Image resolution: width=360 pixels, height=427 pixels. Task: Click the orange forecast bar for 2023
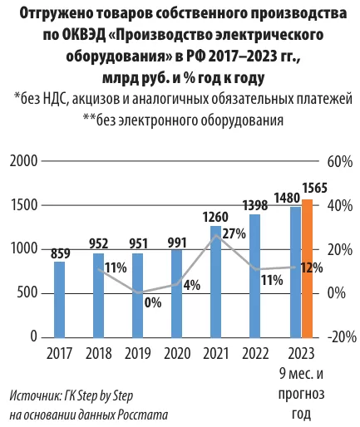tap(308, 268)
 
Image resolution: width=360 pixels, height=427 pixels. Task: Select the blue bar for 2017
tap(59, 300)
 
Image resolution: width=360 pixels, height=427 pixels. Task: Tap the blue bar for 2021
tap(216, 282)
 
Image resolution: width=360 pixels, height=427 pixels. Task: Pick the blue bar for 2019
tap(138, 296)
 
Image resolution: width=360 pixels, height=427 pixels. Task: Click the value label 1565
tap(314, 188)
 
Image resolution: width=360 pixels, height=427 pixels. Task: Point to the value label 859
tap(60, 253)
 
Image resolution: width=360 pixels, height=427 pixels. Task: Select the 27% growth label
tap(234, 234)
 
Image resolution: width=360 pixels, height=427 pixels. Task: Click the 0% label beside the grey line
tap(153, 302)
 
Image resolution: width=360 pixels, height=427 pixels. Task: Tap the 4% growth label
tap(192, 285)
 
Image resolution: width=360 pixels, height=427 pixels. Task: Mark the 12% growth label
tap(312, 267)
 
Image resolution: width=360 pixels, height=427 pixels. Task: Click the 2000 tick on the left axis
tap(23, 161)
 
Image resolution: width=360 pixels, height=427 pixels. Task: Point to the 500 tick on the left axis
tap(27, 293)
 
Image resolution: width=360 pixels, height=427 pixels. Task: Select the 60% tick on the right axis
tap(340, 162)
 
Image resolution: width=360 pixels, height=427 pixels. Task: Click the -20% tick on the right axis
tap(342, 337)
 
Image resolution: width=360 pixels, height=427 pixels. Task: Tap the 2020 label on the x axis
tap(177, 354)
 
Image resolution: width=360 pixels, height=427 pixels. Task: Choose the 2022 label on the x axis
tap(255, 354)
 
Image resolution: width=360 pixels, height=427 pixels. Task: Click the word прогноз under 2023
tap(301, 394)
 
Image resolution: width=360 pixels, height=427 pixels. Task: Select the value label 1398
tap(255, 205)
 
